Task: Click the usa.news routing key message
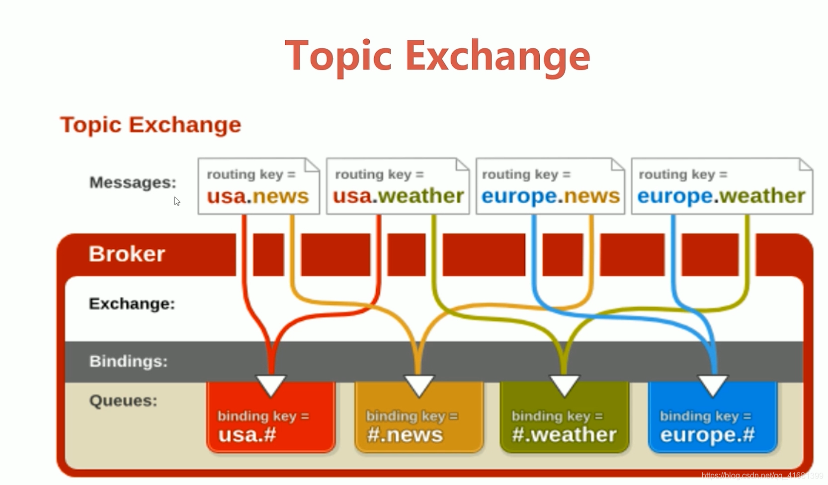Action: (x=259, y=186)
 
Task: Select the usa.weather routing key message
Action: (x=398, y=186)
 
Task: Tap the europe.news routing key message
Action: (x=550, y=186)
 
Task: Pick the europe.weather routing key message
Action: (x=722, y=186)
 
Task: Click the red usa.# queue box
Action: (x=271, y=417)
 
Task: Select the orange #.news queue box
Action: (x=419, y=417)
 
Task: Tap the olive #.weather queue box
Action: (x=565, y=417)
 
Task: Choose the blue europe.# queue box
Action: (x=713, y=417)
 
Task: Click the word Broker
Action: (x=127, y=254)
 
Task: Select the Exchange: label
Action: (x=132, y=304)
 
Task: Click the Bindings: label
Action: (x=129, y=361)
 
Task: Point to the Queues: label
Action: (x=123, y=401)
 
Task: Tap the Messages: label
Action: (x=133, y=182)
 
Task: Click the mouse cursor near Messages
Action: (x=177, y=201)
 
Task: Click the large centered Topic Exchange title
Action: (x=438, y=57)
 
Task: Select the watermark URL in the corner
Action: (x=762, y=476)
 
